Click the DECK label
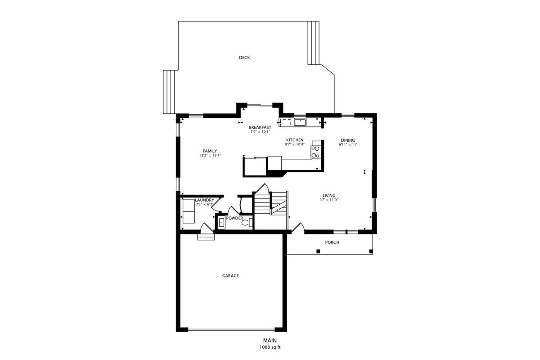pyautogui.click(x=244, y=58)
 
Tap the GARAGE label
pyautogui.click(x=230, y=275)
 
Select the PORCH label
pyautogui.click(x=332, y=243)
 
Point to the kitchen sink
pyautogui.click(x=300, y=122)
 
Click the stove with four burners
pyautogui.click(x=316, y=152)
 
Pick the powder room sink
pyautogui.click(x=221, y=223)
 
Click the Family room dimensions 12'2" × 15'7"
pyautogui.click(x=210, y=156)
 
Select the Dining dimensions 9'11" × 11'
pyautogui.click(x=347, y=145)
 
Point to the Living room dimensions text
pyautogui.click(x=329, y=200)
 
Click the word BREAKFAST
pyautogui.click(x=260, y=127)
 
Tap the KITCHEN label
pyautogui.click(x=295, y=140)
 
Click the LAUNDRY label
pyautogui.click(x=204, y=200)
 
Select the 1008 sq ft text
pyautogui.click(x=270, y=347)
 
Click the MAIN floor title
pyautogui.click(x=270, y=341)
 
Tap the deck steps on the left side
pyautogui.click(x=169, y=92)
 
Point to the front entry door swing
pyautogui.click(x=298, y=228)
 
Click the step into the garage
pyautogui.click(x=206, y=237)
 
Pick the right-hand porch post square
pyautogui.click(x=371, y=252)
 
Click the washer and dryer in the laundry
pyautogui.click(x=189, y=211)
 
